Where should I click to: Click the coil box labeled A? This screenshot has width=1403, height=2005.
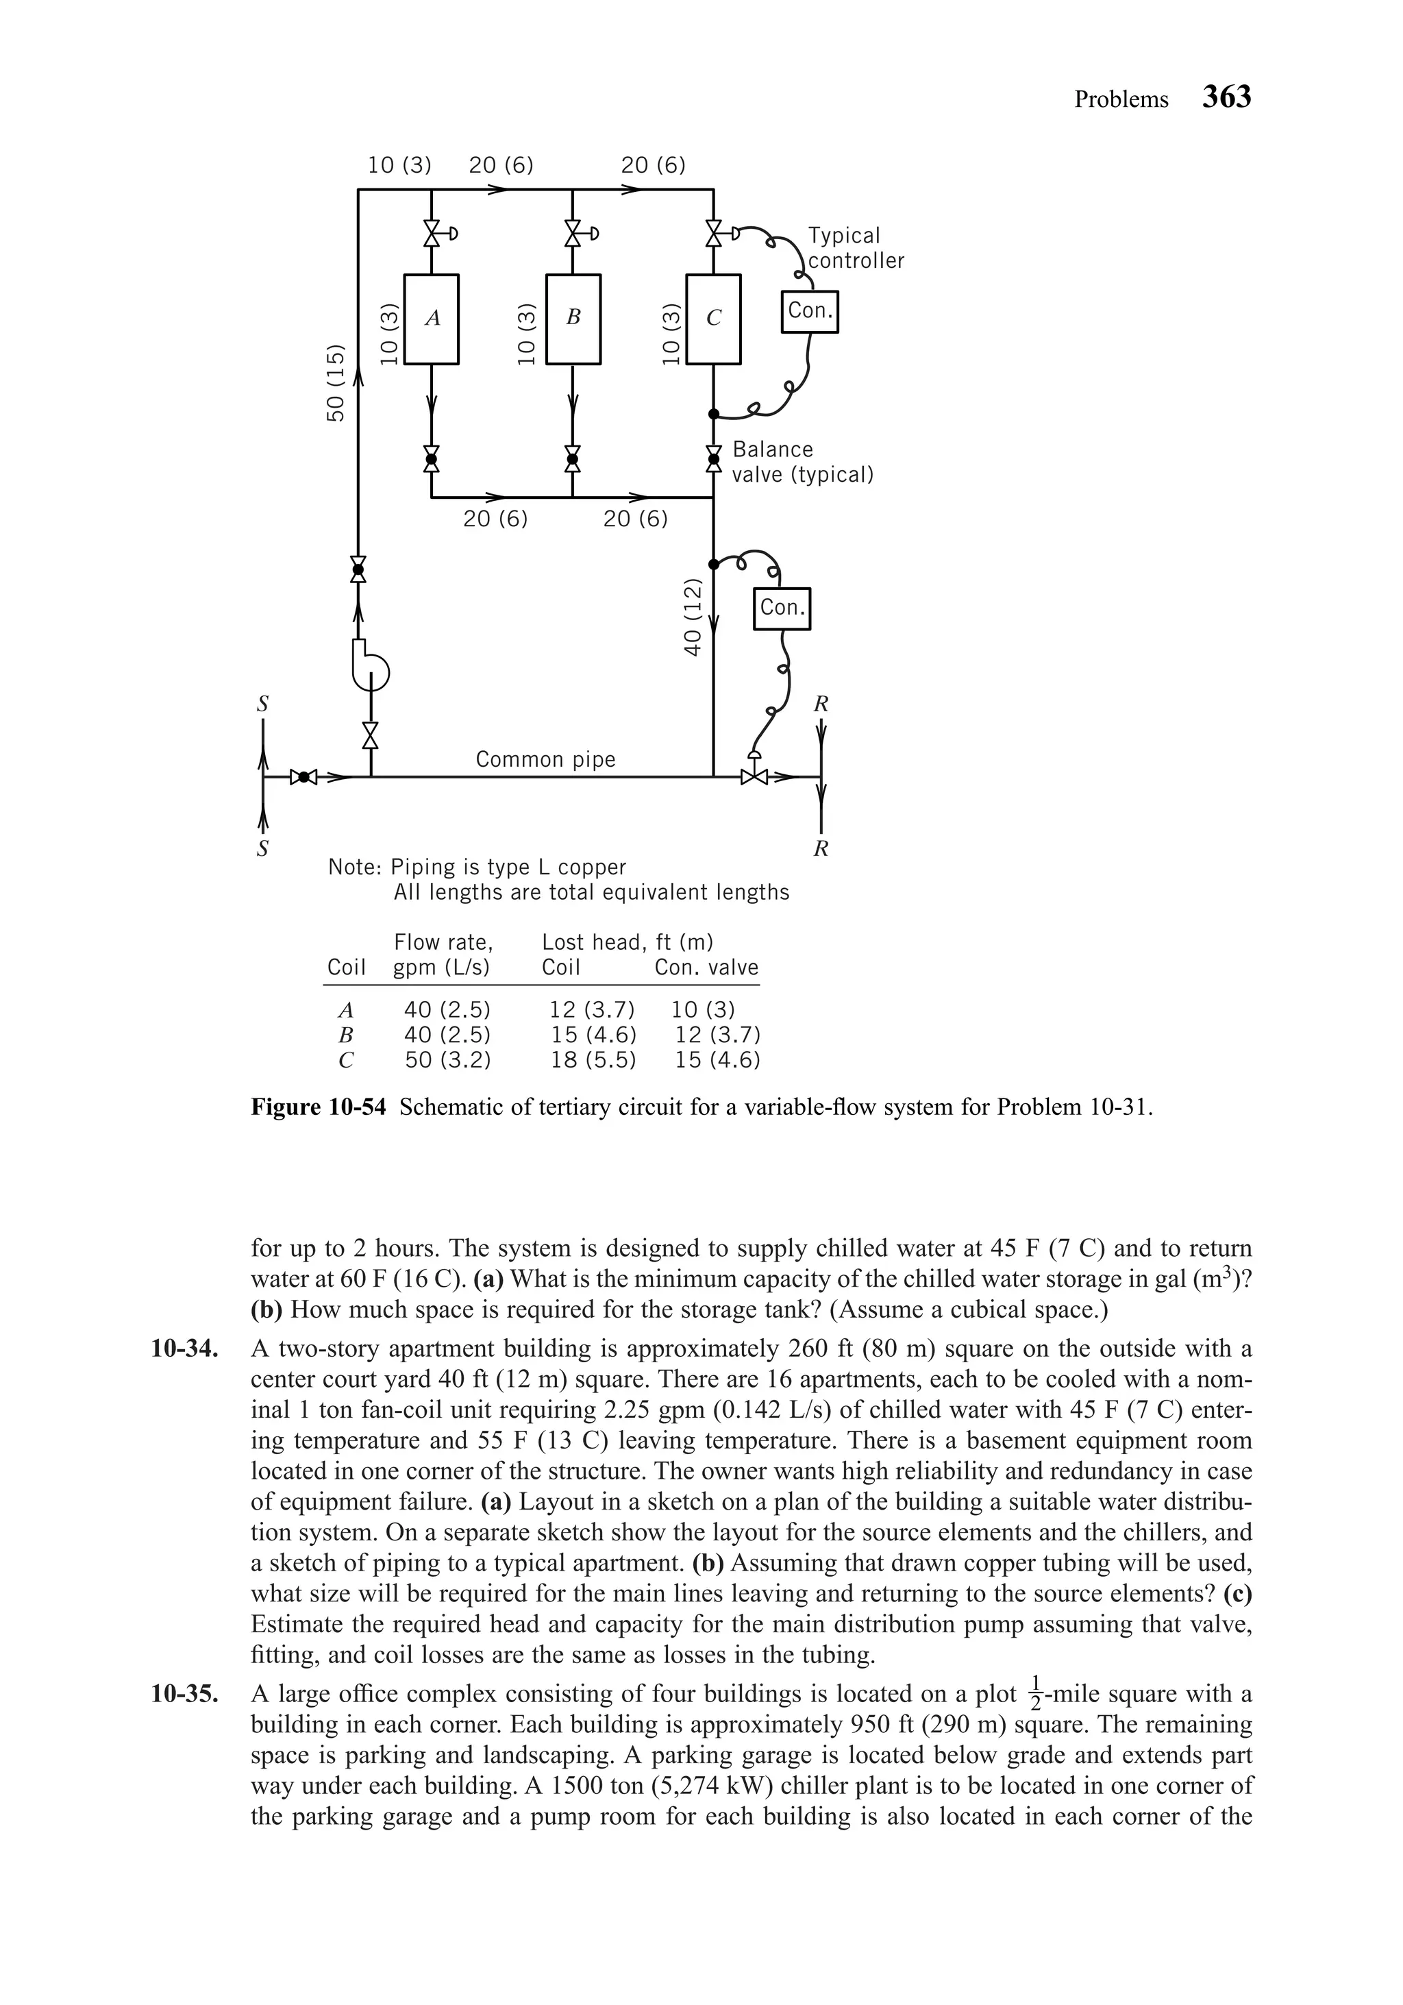[432, 319]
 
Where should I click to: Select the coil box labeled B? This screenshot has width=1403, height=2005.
[573, 319]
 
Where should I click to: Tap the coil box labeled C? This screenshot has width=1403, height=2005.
[713, 319]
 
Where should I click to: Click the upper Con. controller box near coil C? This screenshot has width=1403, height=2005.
[809, 311]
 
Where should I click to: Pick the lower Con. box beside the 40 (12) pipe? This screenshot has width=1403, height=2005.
[782, 608]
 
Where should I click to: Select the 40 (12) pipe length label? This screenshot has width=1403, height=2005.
[693, 617]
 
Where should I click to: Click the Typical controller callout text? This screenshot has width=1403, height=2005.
[855, 248]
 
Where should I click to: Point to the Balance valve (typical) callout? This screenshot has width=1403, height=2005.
[802, 462]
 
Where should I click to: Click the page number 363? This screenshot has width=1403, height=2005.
[1227, 97]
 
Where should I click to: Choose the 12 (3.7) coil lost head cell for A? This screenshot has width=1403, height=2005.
[591, 1010]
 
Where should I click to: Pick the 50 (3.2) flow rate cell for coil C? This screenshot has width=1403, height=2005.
[447, 1060]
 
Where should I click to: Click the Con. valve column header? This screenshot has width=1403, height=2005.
[706, 968]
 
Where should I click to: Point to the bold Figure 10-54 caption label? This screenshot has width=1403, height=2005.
[318, 1107]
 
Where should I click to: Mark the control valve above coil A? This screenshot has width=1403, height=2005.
[432, 233]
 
